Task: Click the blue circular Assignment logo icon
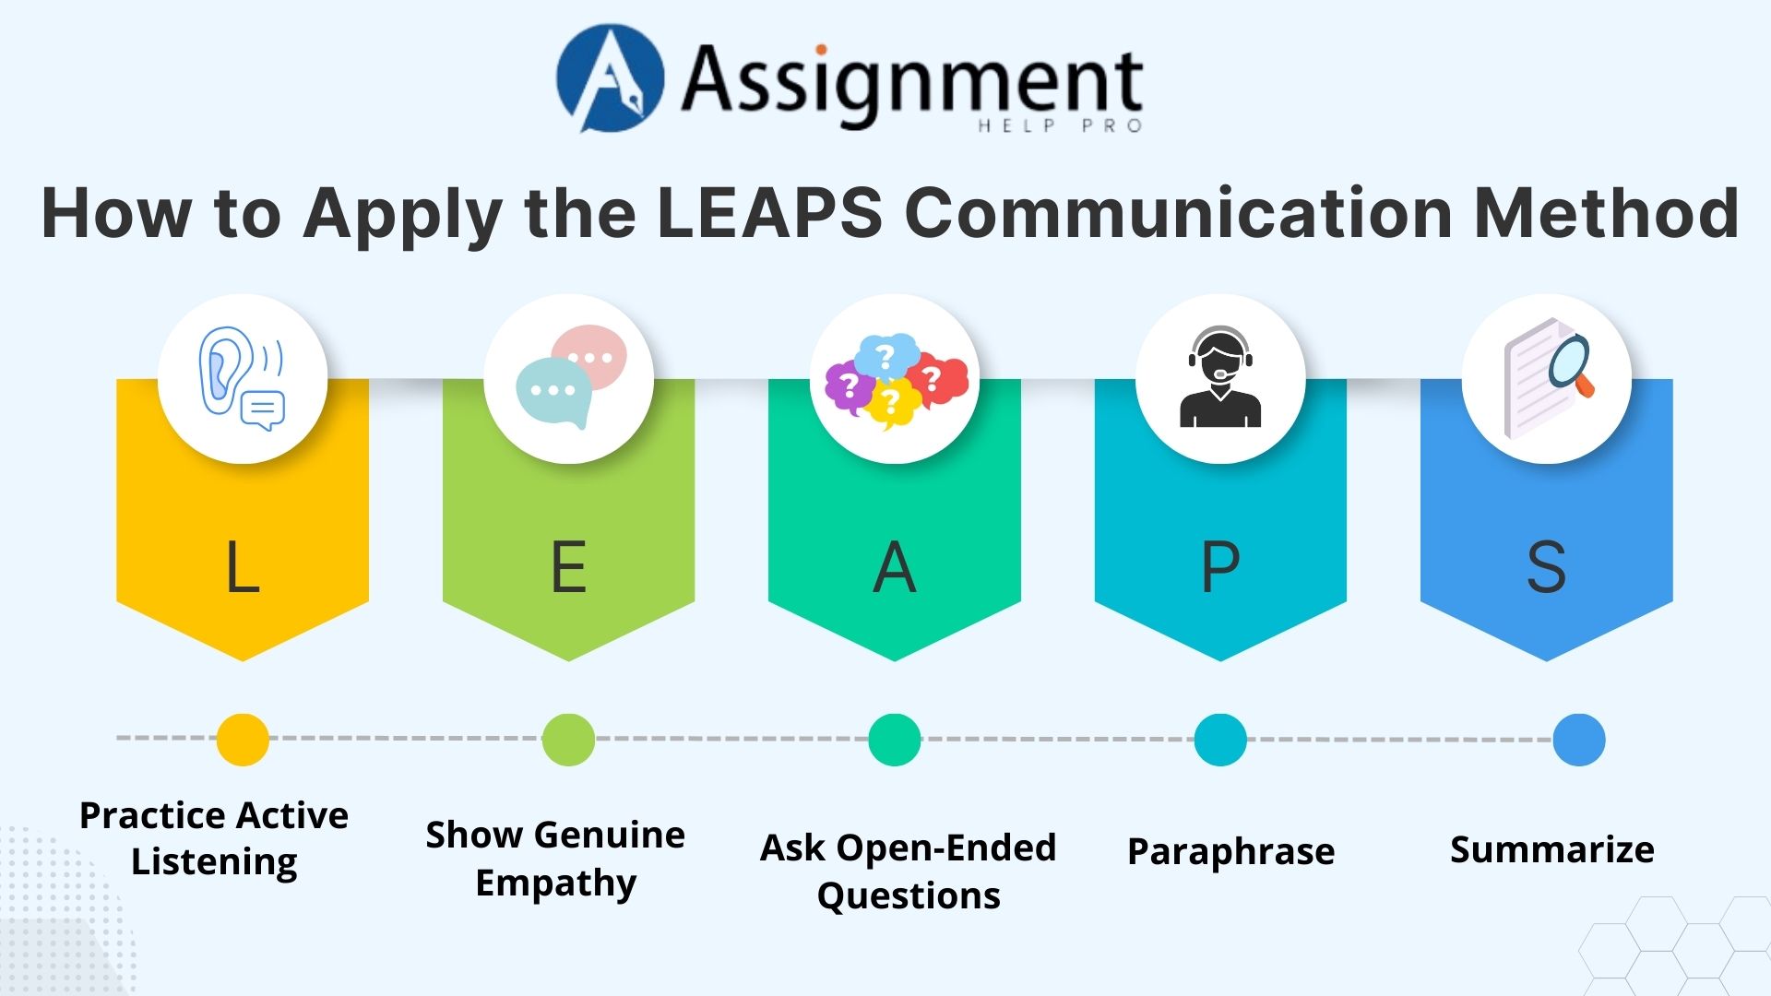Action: coord(610,78)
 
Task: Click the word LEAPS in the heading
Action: coord(769,213)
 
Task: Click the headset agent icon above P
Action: coord(1219,378)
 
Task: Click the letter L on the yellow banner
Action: coord(243,566)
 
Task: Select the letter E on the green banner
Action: coord(568,566)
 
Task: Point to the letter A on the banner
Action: coord(894,566)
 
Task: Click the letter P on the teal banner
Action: coord(1219,566)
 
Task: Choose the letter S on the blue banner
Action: coord(1546,566)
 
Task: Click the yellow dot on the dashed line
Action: coord(243,739)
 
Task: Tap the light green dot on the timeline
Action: coord(568,739)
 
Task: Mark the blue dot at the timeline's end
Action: coord(1578,739)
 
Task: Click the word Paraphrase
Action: coord(1230,851)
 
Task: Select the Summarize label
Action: coord(1551,849)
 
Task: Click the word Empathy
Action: coord(555,883)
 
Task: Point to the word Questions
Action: coord(909,895)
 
